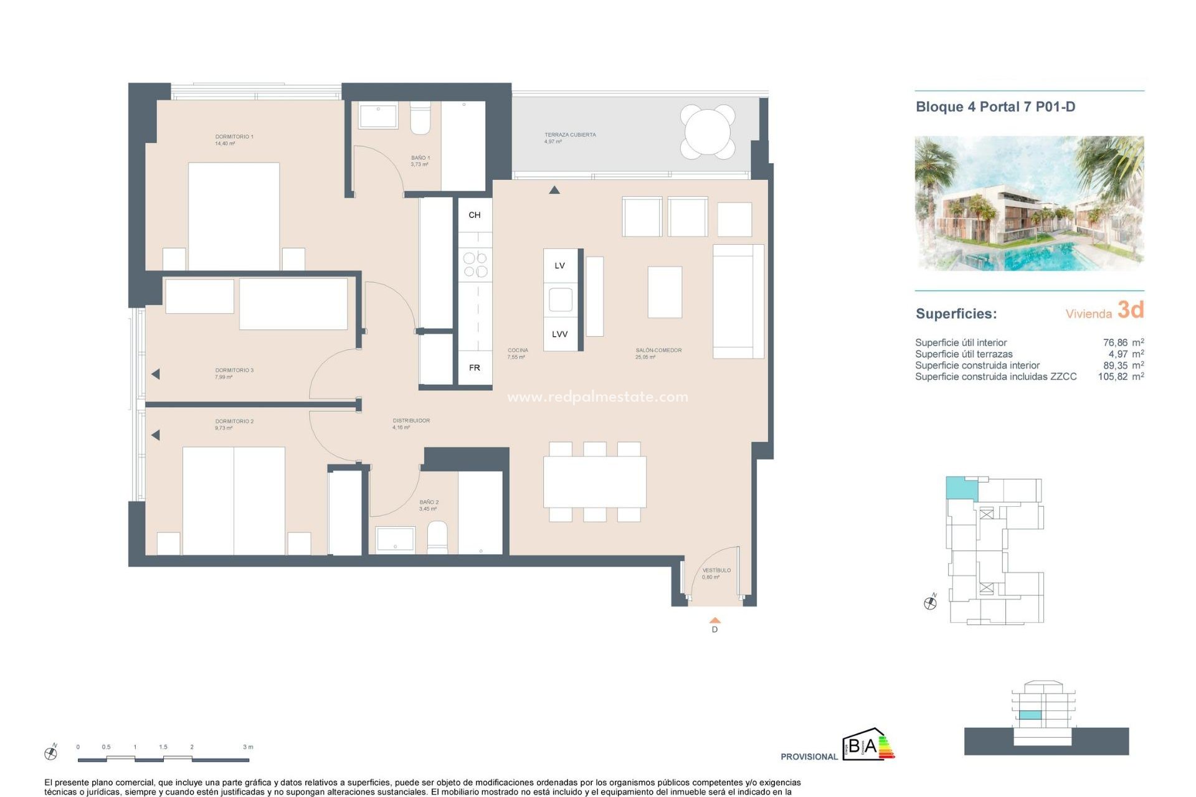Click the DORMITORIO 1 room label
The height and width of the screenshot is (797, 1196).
click(x=234, y=136)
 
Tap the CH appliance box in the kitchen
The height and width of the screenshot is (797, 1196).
click(x=475, y=215)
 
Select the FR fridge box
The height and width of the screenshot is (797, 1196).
click(x=475, y=368)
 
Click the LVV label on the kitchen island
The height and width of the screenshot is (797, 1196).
click(x=559, y=334)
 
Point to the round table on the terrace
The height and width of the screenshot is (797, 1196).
click(x=708, y=131)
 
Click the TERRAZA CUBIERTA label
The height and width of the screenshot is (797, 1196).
click(x=570, y=134)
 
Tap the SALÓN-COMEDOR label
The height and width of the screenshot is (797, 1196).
click(x=658, y=351)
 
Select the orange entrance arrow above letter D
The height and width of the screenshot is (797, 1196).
click(x=715, y=620)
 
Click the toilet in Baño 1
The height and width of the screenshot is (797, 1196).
click(x=420, y=120)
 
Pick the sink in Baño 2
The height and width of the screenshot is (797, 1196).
click(x=396, y=539)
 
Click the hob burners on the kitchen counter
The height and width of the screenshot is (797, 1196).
click(x=475, y=265)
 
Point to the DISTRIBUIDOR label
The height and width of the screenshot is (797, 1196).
click(x=411, y=420)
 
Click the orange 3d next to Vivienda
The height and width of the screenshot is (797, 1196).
click(x=1131, y=309)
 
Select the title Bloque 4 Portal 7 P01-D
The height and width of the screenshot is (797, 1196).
click(x=995, y=106)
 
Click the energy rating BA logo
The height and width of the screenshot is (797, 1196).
click(x=867, y=745)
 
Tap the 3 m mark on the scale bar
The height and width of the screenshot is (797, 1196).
click(x=248, y=747)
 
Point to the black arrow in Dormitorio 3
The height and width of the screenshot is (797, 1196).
click(x=156, y=374)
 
